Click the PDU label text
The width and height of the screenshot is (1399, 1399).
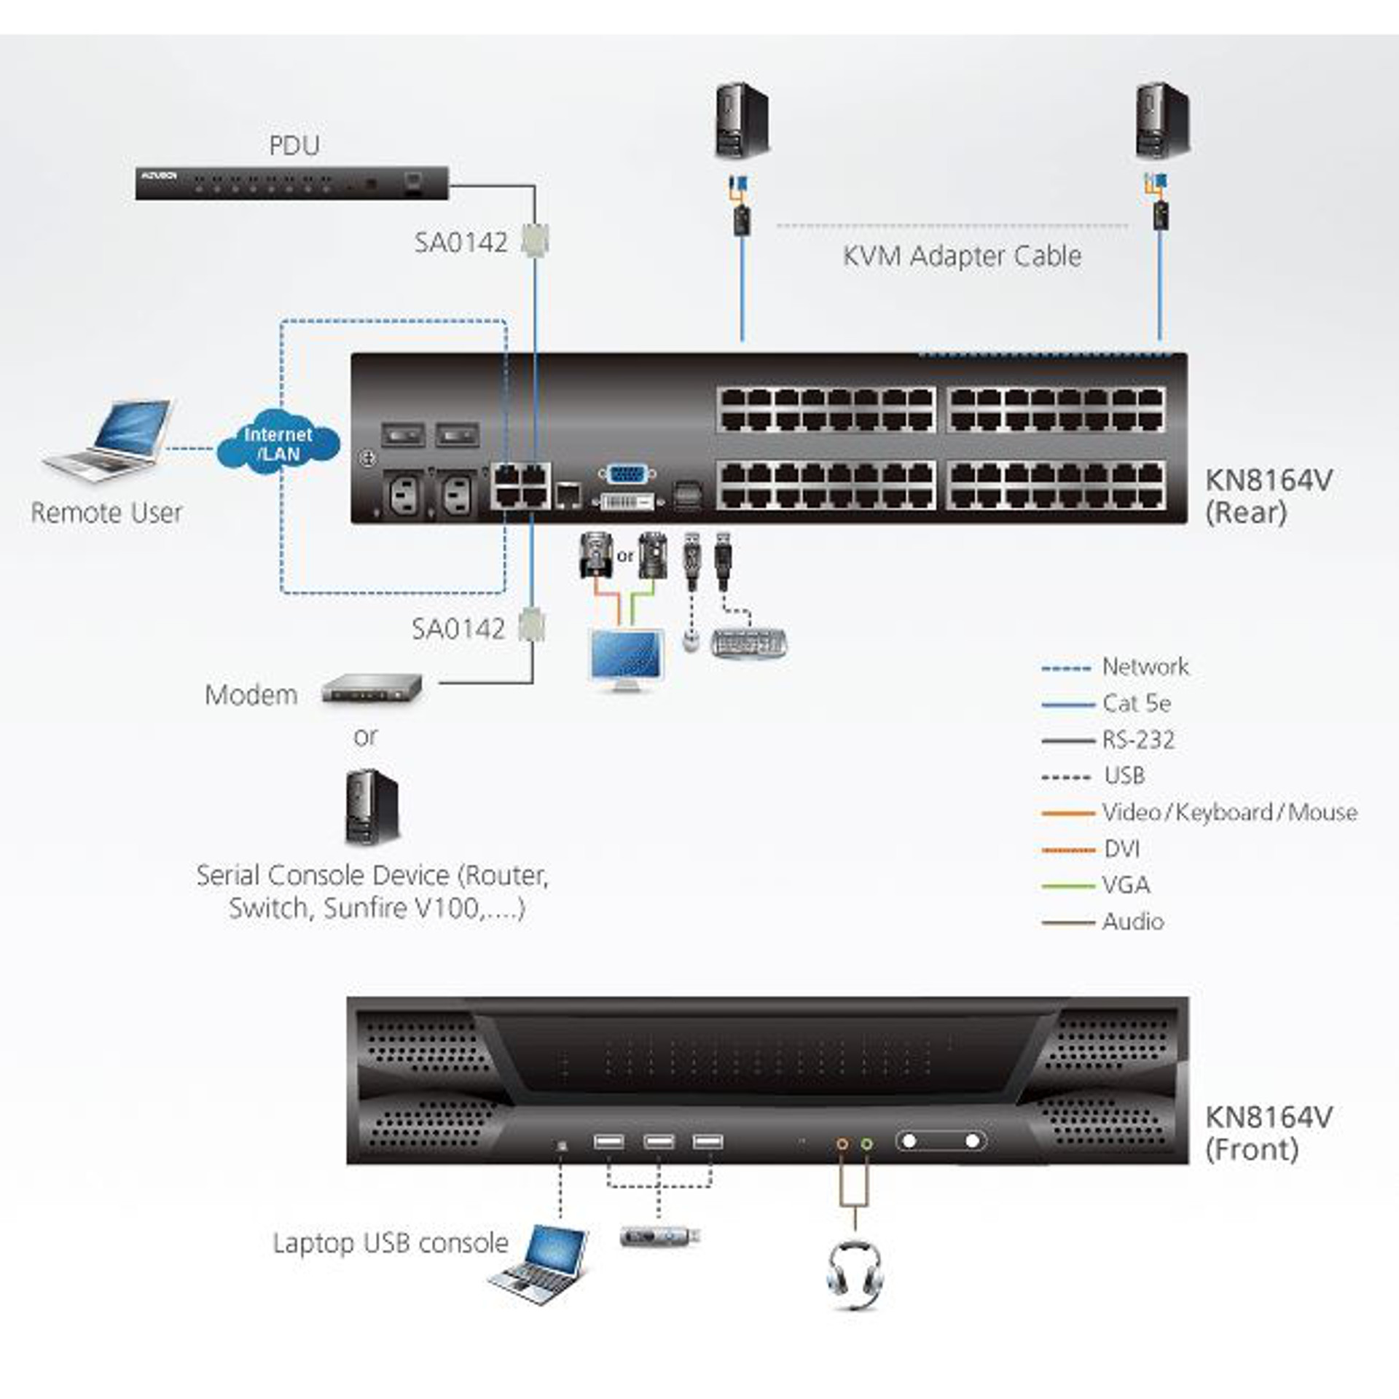click(x=294, y=146)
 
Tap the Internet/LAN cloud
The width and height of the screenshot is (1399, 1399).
click(x=278, y=444)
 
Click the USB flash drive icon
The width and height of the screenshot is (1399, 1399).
click(x=660, y=1236)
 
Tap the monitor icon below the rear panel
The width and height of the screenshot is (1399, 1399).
click(x=627, y=660)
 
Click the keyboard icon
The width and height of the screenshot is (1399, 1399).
click(x=749, y=643)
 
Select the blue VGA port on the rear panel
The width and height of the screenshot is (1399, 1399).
click(x=626, y=474)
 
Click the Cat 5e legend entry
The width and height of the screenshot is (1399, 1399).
click(x=1136, y=703)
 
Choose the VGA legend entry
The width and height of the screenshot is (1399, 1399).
click(x=1126, y=885)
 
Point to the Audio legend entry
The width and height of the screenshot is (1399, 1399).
click(x=1132, y=922)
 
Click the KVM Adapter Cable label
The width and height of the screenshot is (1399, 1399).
click(x=962, y=256)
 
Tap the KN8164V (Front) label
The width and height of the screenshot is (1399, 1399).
click(x=1269, y=1133)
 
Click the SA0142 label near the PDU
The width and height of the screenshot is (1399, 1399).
click(x=461, y=243)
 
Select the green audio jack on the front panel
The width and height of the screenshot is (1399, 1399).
click(x=866, y=1144)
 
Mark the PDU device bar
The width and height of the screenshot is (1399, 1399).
click(x=291, y=183)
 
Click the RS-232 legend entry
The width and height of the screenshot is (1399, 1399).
click(x=1138, y=740)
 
